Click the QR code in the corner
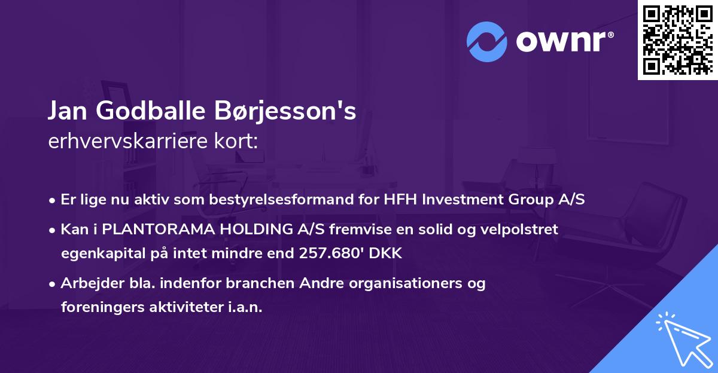point(677,40)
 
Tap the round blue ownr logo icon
point(487,42)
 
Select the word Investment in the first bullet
point(460,200)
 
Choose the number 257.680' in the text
point(329,253)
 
